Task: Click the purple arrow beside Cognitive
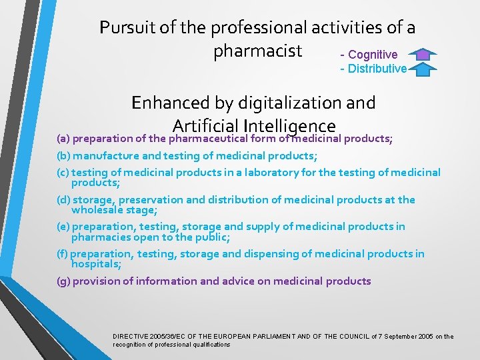pos(423,55)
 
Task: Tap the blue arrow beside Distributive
pos(423,69)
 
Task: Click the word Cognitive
pos(373,55)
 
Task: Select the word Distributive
pos(377,69)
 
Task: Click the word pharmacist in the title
pos(257,51)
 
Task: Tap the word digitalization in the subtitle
pos(282,103)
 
